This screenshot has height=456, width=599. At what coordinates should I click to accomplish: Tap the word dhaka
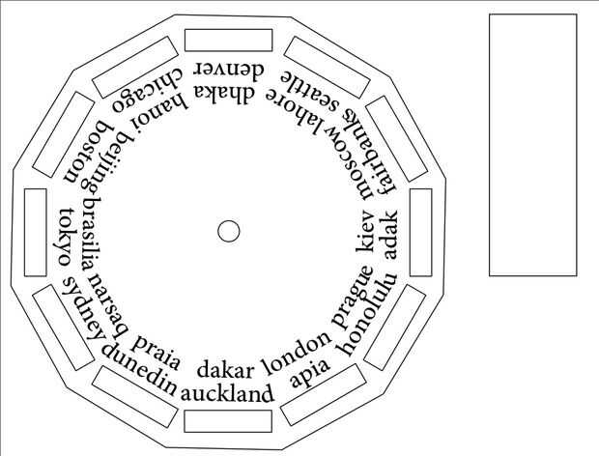(x=229, y=94)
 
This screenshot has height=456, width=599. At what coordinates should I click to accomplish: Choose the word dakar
(x=225, y=370)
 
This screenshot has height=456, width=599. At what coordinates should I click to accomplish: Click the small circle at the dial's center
(x=229, y=231)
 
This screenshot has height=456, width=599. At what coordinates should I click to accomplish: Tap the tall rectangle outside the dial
(x=532, y=145)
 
